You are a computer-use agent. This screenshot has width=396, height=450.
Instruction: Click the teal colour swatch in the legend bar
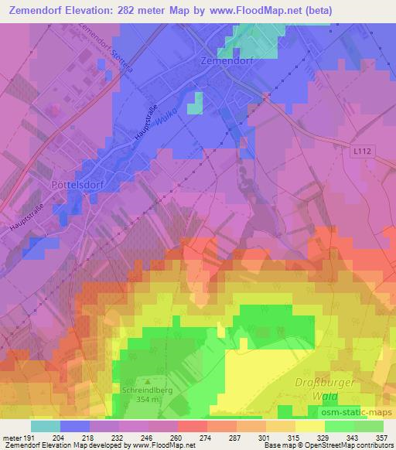pos(46,425)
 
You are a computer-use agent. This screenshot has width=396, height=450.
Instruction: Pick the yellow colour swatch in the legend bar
pos(309,425)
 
